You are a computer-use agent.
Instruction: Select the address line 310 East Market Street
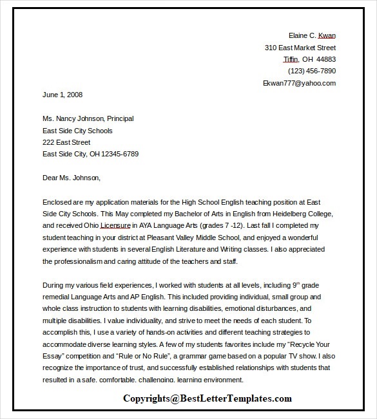(x=300, y=48)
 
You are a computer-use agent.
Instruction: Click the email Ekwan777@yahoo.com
(x=299, y=83)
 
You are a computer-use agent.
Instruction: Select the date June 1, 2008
(x=63, y=95)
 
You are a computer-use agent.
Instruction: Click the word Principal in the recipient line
(x=120, y=118)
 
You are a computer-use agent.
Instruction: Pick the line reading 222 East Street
(x=66, y=142)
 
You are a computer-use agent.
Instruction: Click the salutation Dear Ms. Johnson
(x=72, y=178)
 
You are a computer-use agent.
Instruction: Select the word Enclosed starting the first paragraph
(x=58, y=201)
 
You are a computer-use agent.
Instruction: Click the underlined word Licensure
(x=116, y=225)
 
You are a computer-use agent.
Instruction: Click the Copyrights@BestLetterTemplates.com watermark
(x=208, y=399)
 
